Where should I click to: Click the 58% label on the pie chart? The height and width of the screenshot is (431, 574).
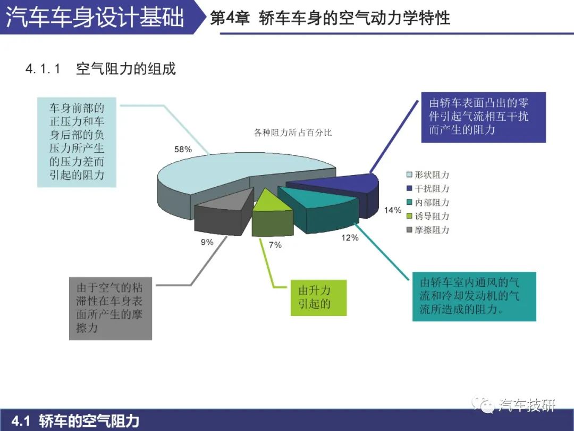[x=183, y=150]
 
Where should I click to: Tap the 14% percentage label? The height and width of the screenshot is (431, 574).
[x=392, y=210]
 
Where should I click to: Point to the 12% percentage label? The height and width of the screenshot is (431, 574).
[x=350, y=238]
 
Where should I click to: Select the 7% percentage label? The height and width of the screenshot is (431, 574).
[x=275, y=245]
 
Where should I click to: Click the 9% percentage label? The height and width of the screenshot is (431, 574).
[x=207, y=242]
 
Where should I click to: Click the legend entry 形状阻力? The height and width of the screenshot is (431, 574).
[x=427, y=175]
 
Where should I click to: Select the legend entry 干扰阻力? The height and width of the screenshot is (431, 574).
[x=427, y=188]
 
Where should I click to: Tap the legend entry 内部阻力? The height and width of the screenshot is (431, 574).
[x=427, y=202]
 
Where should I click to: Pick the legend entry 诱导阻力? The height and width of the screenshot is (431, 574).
[x=427, y=216]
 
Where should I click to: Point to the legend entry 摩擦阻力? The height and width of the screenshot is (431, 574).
[x=427, y=230]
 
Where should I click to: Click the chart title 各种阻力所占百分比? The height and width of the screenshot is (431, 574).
[x=293, y=132]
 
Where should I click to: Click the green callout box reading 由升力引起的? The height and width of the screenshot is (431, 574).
[x=318, y=297]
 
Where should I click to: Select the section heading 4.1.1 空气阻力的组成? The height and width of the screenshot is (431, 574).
[x=100, y=69]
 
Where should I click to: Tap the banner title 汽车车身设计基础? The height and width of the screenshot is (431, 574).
[x=95, y=17]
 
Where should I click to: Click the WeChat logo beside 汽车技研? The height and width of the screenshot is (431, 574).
[x=483, y=404]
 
